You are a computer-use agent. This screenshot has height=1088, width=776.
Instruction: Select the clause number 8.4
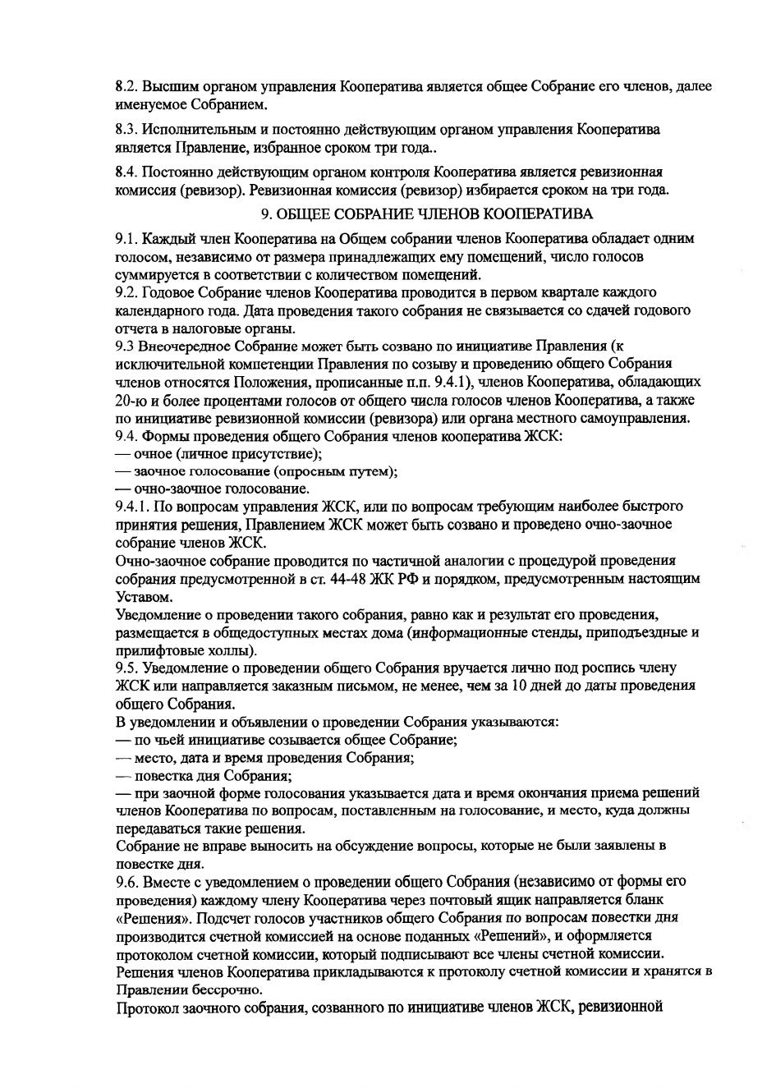tap(126, 172)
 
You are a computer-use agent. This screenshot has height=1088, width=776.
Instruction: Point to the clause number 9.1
tap(126, 239)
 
